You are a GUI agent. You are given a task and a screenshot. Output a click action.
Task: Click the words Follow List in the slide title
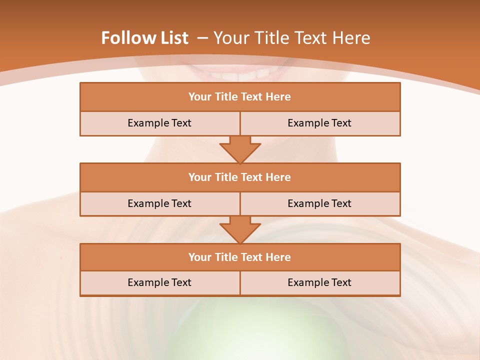coord(144,38)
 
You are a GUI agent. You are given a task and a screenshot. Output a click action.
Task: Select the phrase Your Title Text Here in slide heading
coord(291,38)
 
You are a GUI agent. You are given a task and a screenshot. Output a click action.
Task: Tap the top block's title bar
coord(240,97)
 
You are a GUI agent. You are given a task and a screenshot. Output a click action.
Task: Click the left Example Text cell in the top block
coord(159,123)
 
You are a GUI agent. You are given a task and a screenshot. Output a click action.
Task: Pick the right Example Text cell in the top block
coord(319,123)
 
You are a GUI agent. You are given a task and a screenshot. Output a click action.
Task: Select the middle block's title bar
coord(240,177)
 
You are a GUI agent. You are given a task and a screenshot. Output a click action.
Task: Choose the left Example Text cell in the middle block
coord(159,203)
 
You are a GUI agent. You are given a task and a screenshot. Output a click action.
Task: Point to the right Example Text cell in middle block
coord(319,203)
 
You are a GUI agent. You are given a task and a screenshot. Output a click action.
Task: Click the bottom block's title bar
coord(240,257)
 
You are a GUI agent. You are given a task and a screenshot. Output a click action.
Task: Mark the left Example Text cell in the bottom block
coord(159,282)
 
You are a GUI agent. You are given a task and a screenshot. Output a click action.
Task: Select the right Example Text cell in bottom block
coord(319,282)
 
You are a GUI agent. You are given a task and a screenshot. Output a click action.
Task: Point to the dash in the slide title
coord(202,38)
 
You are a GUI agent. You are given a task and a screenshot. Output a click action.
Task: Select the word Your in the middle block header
coord(199,177)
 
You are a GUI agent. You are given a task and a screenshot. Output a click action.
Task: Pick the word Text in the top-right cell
coord(341,123)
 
